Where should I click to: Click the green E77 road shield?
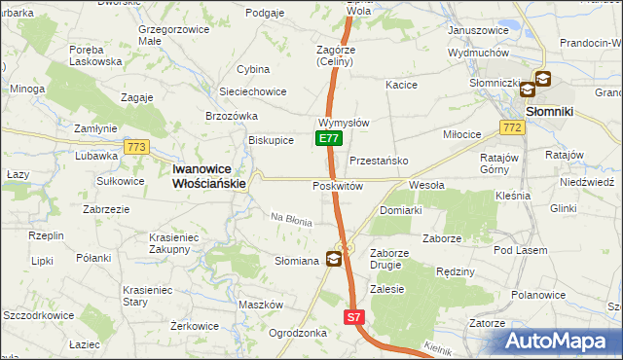(x=328, y=139)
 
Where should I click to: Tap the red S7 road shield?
(x=354, y=318)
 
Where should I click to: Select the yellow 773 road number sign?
(x=135, y=147)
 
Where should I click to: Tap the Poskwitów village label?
(x=338, y=186)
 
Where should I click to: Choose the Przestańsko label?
(x=378, y=161)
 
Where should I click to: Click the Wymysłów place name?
(x=343, y=124)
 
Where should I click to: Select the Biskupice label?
(x=272, y=139)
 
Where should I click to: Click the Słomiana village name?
(x=297, y=261)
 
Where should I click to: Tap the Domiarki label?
(x=400, y=210)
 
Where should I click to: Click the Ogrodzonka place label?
(x=298, y=332)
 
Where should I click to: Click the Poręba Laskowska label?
(x=95, y=54)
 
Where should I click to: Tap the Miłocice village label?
(x=462, y=134)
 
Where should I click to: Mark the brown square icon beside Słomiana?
(x=334, y=258)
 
